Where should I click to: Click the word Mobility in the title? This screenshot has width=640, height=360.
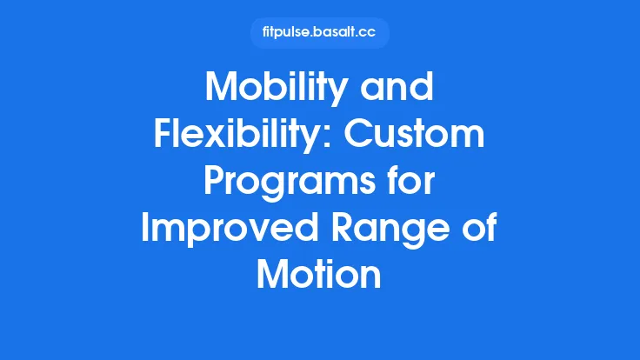click(x=277, y=90)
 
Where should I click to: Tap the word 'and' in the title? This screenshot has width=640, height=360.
click(x=397, y=90)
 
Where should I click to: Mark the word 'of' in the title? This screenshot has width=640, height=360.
click(x=480, y=228)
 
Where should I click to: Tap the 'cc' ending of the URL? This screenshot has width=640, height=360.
click(x=370, y=33)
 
